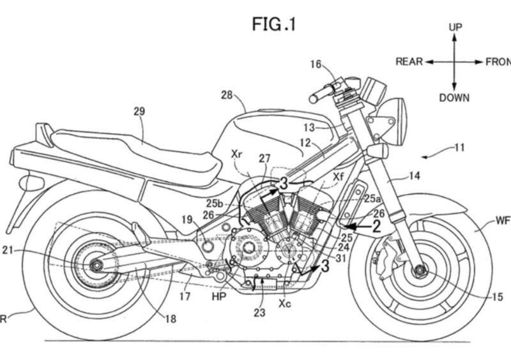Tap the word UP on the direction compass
coord(455,27)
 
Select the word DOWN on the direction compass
coord(454,98)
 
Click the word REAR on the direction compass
coord(409,62)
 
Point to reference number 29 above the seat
coord(139,111)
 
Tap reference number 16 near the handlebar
coord(316,64)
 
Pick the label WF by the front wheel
coord(503,221)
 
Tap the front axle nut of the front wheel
coord(419,270)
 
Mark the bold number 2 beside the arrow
coord(377,225)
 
